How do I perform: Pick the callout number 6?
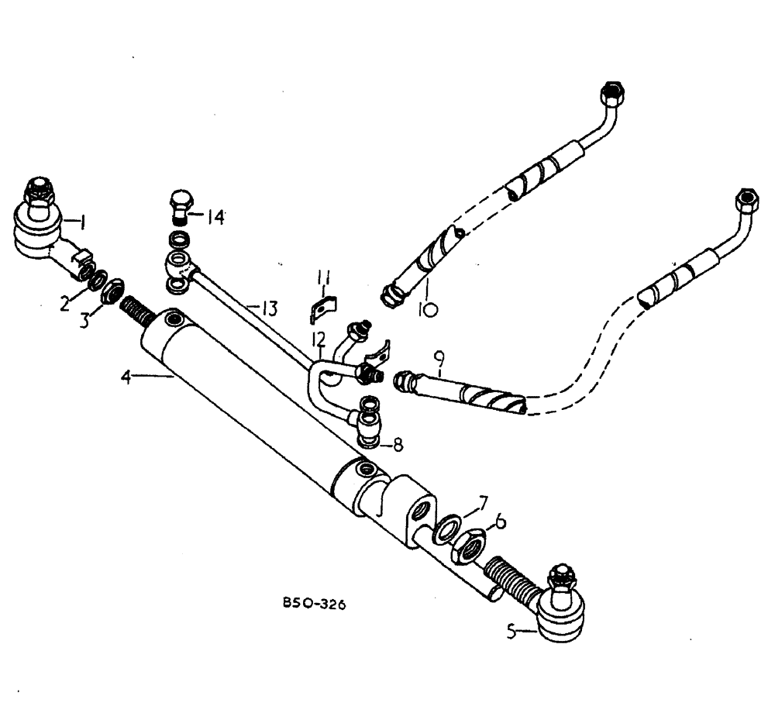tap(501, 523)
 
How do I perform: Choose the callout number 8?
tap(397, 446)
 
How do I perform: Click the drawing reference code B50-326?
tap(314, 604)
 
